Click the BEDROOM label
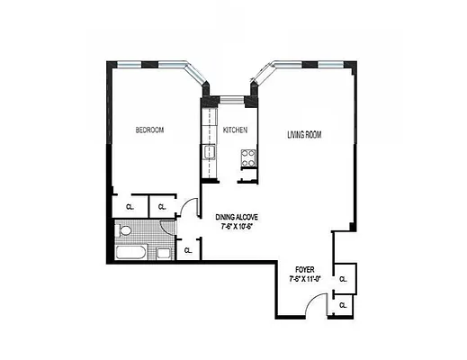tap(149, 130)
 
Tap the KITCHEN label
tap(235, 130)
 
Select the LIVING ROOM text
tap(304, 135)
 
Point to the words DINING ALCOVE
tap(238, 217)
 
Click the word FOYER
tap(306, 268)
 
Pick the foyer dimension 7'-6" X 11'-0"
tap(306, 278)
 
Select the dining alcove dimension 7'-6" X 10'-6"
tap(238, 227)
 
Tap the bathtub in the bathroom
tap(131, 252)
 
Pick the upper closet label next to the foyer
tap(343, 280)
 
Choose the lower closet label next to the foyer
tap(343, 306)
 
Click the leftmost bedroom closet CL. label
tap(130, 207)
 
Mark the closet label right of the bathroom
tap(188, 251)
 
